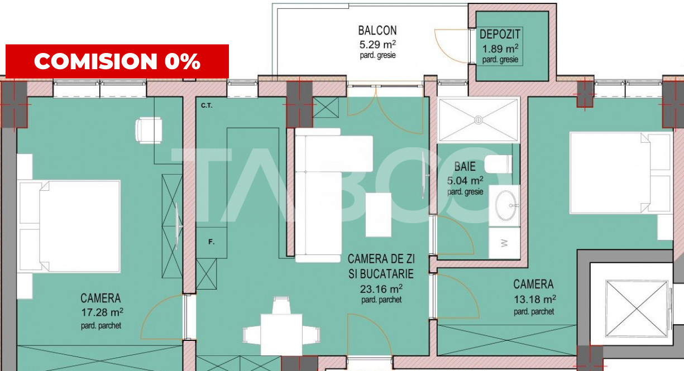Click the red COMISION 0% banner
[117, 61]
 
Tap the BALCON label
[377, 31]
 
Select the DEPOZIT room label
[499, 35]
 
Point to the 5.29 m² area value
[377, 44]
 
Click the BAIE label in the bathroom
[465, 166]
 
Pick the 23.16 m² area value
[381, 288]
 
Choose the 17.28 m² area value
[101, 312]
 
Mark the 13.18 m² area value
[534, 298]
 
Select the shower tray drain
[479, 119]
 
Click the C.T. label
[206, 105]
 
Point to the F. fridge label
[212, 242]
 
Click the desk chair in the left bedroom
[149, 129]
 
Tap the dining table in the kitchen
[281, 334]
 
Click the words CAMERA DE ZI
[381, 259]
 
